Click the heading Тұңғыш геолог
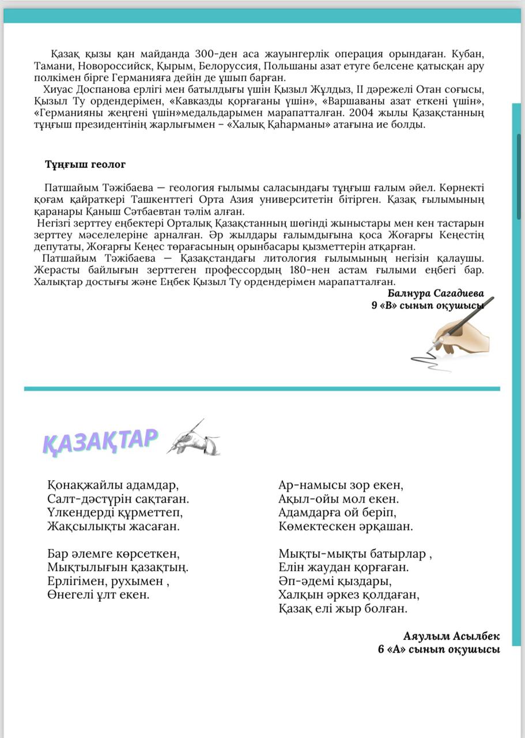(85, 164)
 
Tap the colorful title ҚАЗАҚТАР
(100, 440)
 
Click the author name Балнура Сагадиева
(436, 293)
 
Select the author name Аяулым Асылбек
(451, 637)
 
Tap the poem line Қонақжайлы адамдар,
(113, 485)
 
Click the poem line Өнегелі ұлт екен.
(99, 594)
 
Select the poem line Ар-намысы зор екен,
(341, 485)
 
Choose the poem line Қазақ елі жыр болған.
(343, 608)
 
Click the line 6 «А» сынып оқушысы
(439, 649)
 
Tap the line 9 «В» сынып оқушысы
(426, 306)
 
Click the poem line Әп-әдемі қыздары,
(335, 581)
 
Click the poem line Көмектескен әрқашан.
(346, 526)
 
